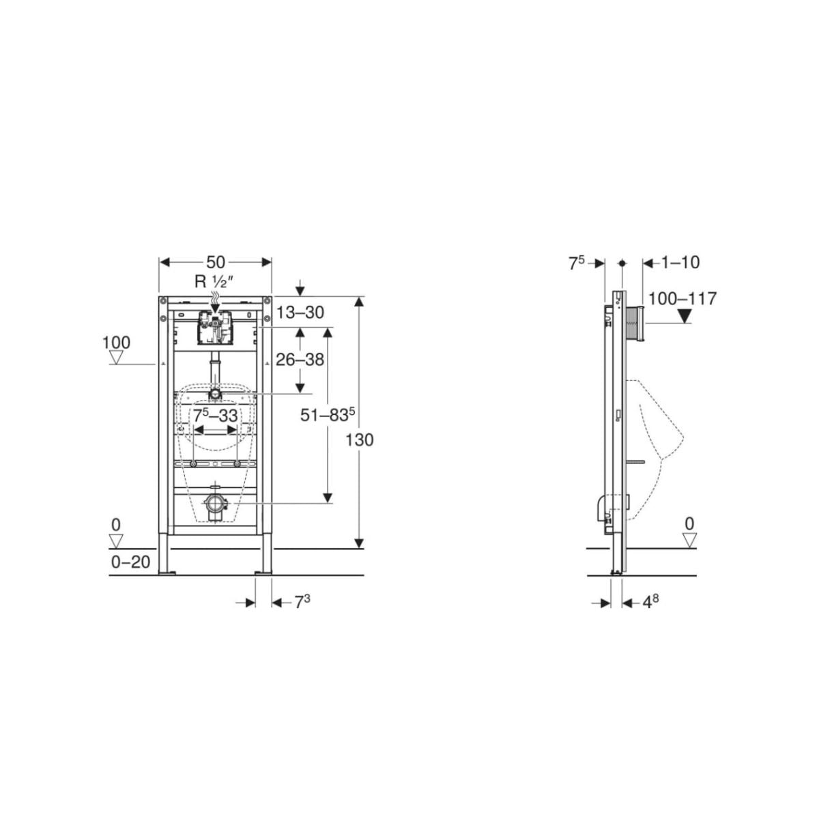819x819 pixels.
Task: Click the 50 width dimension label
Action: [216, 262]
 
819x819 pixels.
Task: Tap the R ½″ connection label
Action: [214, 282]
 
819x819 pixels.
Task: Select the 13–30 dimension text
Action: [300, 313]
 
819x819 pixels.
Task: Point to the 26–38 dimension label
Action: [300, 360]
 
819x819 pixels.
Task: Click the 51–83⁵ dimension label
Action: [328, 415]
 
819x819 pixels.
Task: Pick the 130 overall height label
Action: [359, 440]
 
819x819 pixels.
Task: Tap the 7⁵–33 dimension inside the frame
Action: [215, 416]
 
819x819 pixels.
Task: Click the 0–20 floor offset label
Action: [130, 562]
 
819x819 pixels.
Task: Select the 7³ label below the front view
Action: [302, 602]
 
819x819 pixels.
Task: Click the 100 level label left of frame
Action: [116, 343]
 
